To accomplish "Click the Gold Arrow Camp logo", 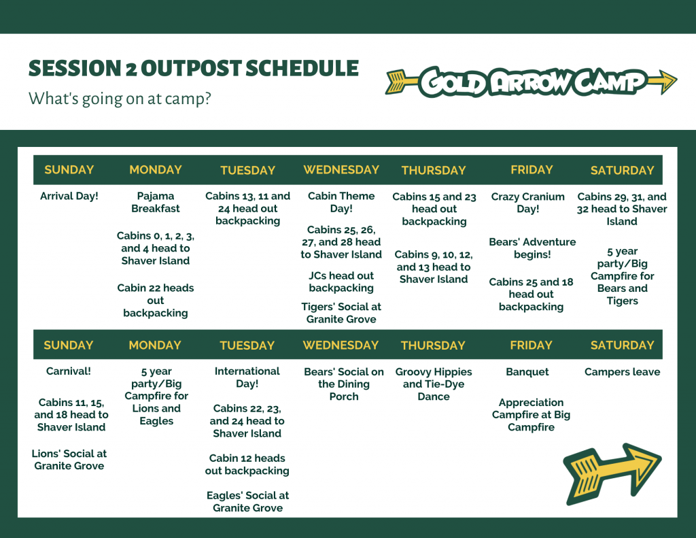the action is click(x=531, y=82).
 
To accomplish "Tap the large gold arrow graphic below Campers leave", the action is click(x=612, y=474).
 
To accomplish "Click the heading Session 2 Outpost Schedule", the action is click(x=194, y=69).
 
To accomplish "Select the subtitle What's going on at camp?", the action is click(x=120, y=98).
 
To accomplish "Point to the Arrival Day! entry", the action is click(x=69, y=196).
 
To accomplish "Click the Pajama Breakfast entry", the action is click(x=156, y=202).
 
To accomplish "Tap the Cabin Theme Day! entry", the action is click(x=341, y=202).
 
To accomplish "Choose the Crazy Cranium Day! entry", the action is click(x=527, y=203).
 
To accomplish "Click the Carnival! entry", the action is click(x=69, y=371).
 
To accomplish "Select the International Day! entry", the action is click(x=247, y=377).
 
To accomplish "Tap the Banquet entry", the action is click(x=527, y=372).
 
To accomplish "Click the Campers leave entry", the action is click(x=623, y=372).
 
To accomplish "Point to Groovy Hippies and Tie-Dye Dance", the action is click(x=434, y=384).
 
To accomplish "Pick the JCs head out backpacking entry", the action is click(x=341, y=282).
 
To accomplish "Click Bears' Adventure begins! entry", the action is click(x=532, y=248).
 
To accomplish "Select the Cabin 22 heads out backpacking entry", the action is click(x=156, y=301).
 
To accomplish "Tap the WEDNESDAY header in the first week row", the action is click(x=341, y=170).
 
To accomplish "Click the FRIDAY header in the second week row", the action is click(x=532, y=346).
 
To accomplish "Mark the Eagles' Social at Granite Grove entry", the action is click(x=247, y=501).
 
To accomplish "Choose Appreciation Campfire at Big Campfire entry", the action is click(x=532, y=414).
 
